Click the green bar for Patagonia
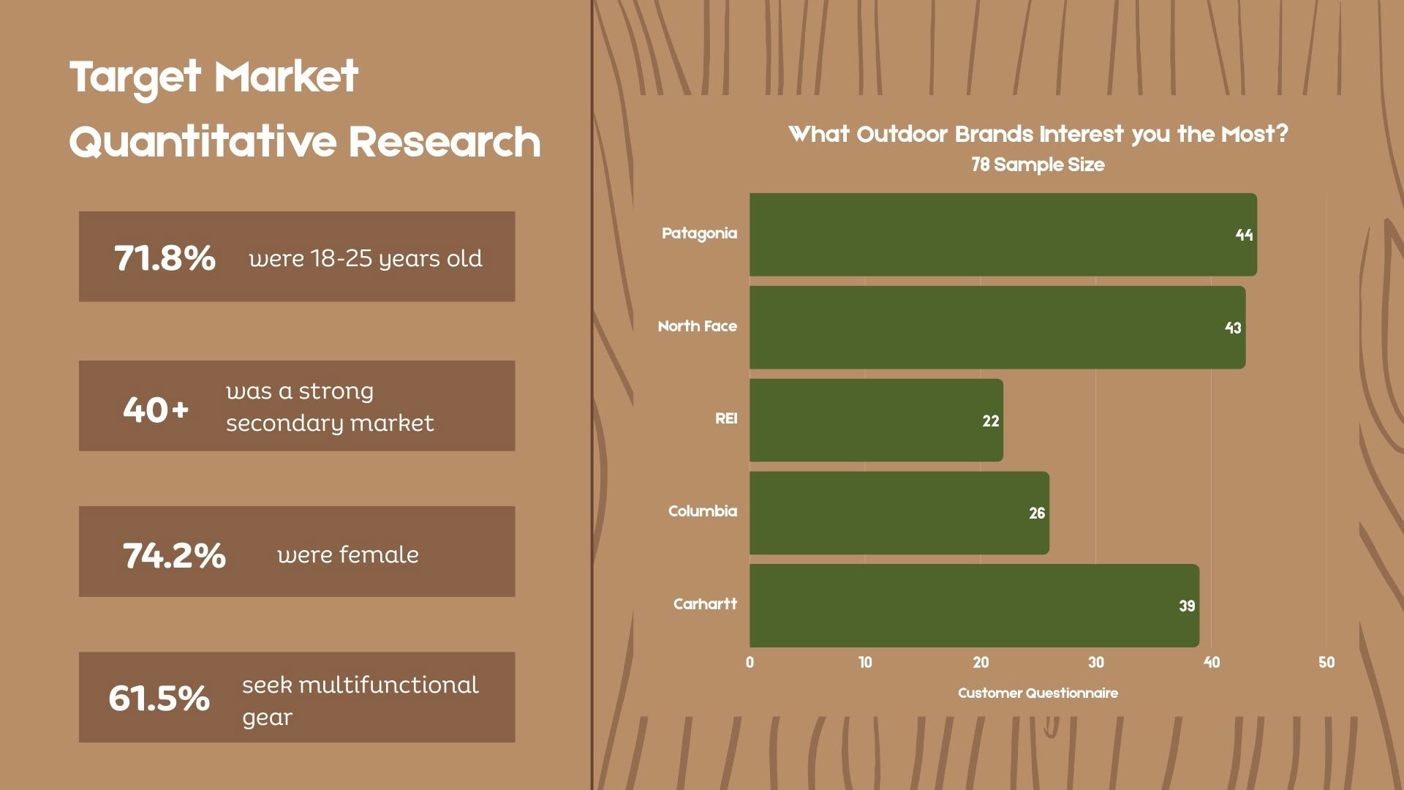(1003, 235)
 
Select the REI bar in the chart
(876, 420)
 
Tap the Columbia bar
(899, 513)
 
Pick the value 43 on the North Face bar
(1233, 328)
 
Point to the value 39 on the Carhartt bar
(1187, 606)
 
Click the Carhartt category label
(705, 604)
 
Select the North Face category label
(698, 326)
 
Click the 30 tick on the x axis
(1095, 662)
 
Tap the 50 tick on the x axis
(1326, 662)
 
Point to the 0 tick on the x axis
(750, 662)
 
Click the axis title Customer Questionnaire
(1038, 693)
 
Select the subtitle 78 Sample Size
(1038, 165)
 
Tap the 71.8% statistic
(165, 257)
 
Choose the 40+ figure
(156, 410)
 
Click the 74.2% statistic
(174, 555)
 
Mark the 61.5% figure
(159, 698)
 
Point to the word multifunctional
(389, 685)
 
